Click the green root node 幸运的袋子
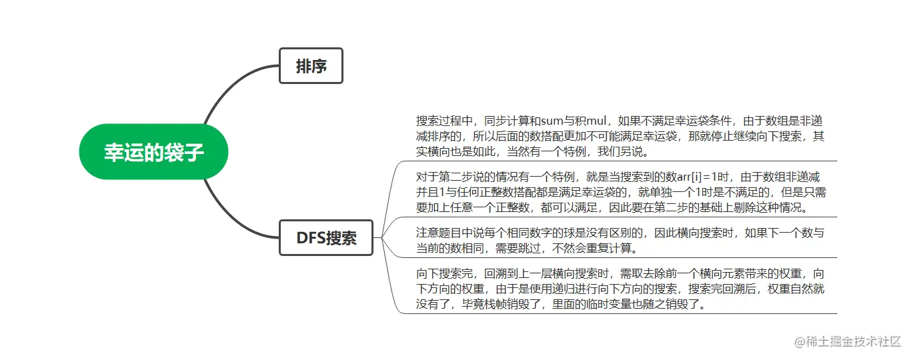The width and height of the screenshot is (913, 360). [154, 152]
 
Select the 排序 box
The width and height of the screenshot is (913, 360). [311, 66]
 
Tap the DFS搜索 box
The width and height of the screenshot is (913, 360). [326, 237]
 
